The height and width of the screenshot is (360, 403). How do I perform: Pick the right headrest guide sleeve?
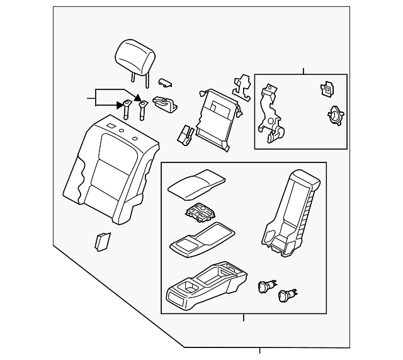tap(142, 108)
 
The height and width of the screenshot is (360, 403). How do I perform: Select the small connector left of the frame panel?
tap(184, 133)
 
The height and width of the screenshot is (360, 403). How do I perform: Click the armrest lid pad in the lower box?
tap(195, 183)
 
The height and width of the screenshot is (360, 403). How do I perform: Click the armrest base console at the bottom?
tap(207, 287)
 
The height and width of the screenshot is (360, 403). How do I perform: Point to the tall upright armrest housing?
tap(291, 215)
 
